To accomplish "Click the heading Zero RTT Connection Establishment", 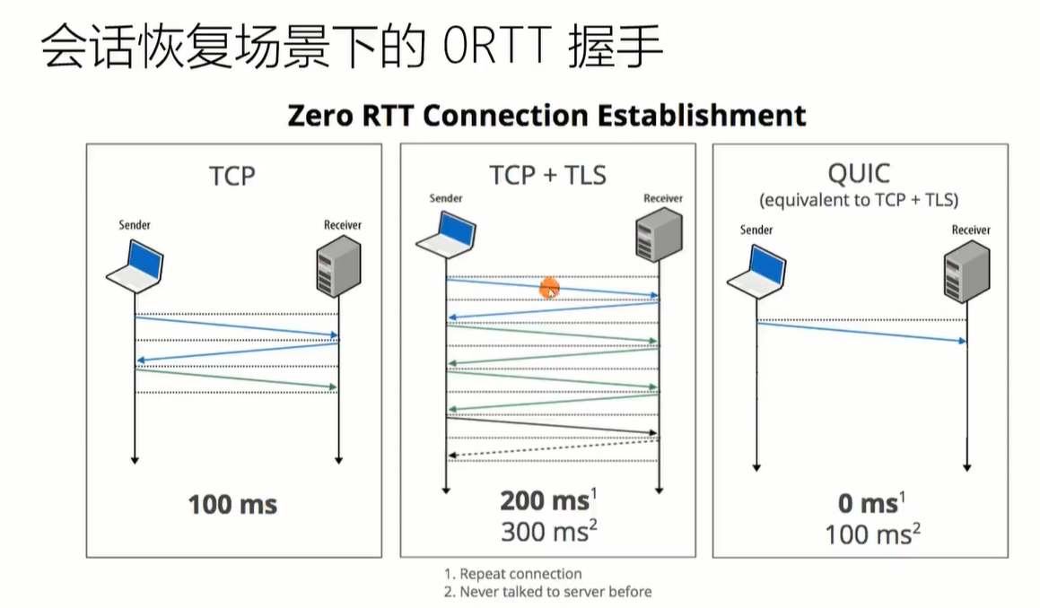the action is coord(546,116).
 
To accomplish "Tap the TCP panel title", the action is coord(232,176).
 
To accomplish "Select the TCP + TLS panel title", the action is coord(548,175).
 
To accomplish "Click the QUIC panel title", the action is coord(859,174).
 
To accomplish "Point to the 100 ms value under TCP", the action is coord(232,505).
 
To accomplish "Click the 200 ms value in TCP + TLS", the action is coord(548,499).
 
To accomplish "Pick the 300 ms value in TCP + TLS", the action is coord(549,531).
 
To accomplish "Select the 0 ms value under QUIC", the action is coord(871,502).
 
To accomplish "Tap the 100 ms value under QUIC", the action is coord(873,534).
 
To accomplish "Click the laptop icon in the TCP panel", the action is coord(135,266).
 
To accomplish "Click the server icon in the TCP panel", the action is coord(339,265).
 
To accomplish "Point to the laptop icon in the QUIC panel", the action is coord(756,271).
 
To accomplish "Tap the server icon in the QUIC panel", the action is coord(967,272).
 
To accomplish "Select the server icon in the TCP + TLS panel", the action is coord(660,234).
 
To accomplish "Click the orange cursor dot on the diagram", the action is coord(549,289).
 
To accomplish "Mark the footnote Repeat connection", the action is coord(512,574).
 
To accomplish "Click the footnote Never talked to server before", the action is coord(548,592).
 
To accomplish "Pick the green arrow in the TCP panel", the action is coord(236,378).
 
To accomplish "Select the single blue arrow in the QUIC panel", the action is coord(861,332).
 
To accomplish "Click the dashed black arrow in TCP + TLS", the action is coord(553,449).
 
